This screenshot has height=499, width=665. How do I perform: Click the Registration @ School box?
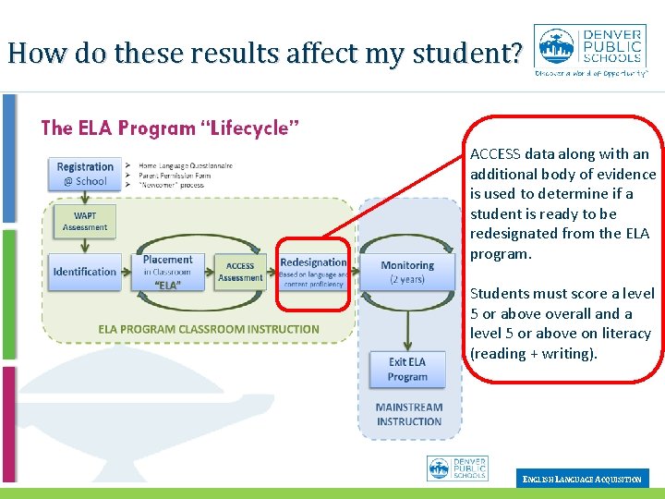coord(85,174)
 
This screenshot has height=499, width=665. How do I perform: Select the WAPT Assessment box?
coord(85,222)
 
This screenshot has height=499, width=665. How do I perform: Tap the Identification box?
coord(85,272)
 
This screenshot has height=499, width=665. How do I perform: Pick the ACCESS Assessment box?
coord(240,272)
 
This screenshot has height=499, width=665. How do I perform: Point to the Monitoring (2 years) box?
coord(406,272)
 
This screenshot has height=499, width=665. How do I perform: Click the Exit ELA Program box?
coord(407,369)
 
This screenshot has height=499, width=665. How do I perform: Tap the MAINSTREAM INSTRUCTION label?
coord(409,414)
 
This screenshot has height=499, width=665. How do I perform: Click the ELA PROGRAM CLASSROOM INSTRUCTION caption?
coord(209,329)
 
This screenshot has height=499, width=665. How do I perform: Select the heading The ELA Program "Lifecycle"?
coord(170,128)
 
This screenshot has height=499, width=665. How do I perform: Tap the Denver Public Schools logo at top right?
coord(591,51)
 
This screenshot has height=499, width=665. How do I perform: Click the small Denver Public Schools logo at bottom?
coord(457,469)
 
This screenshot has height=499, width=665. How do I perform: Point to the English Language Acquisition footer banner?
coord(582,479)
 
